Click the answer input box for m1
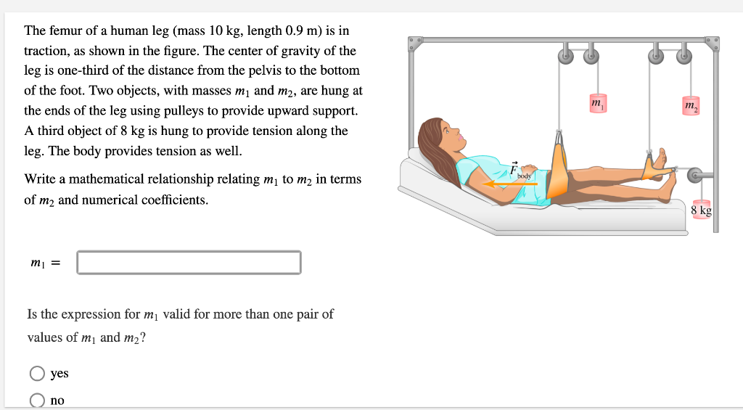point(189,263)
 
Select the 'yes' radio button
point(37,374)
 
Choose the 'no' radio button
point(37,400)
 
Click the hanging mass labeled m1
point(597,104)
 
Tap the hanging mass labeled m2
point(691,107)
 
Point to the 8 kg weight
point(701,210)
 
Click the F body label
point(518,172)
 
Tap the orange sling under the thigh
point(558,174)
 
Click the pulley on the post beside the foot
point(695,174)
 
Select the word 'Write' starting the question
point(40,179)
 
